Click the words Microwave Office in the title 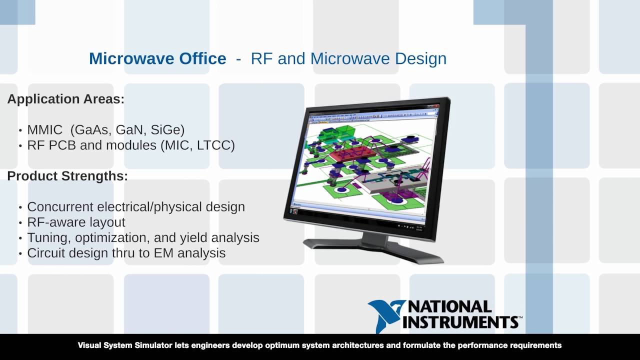[x=157, y=58]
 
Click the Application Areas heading [x=65, y=99]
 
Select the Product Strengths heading [x=67, y=176]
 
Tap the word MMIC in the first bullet [x=45, y=130]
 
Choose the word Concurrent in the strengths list [x=60, y=207]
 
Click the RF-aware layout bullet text [x=76, y=222]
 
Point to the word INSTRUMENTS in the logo [x=459, y=321]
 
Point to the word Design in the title [x=420, y=58]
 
